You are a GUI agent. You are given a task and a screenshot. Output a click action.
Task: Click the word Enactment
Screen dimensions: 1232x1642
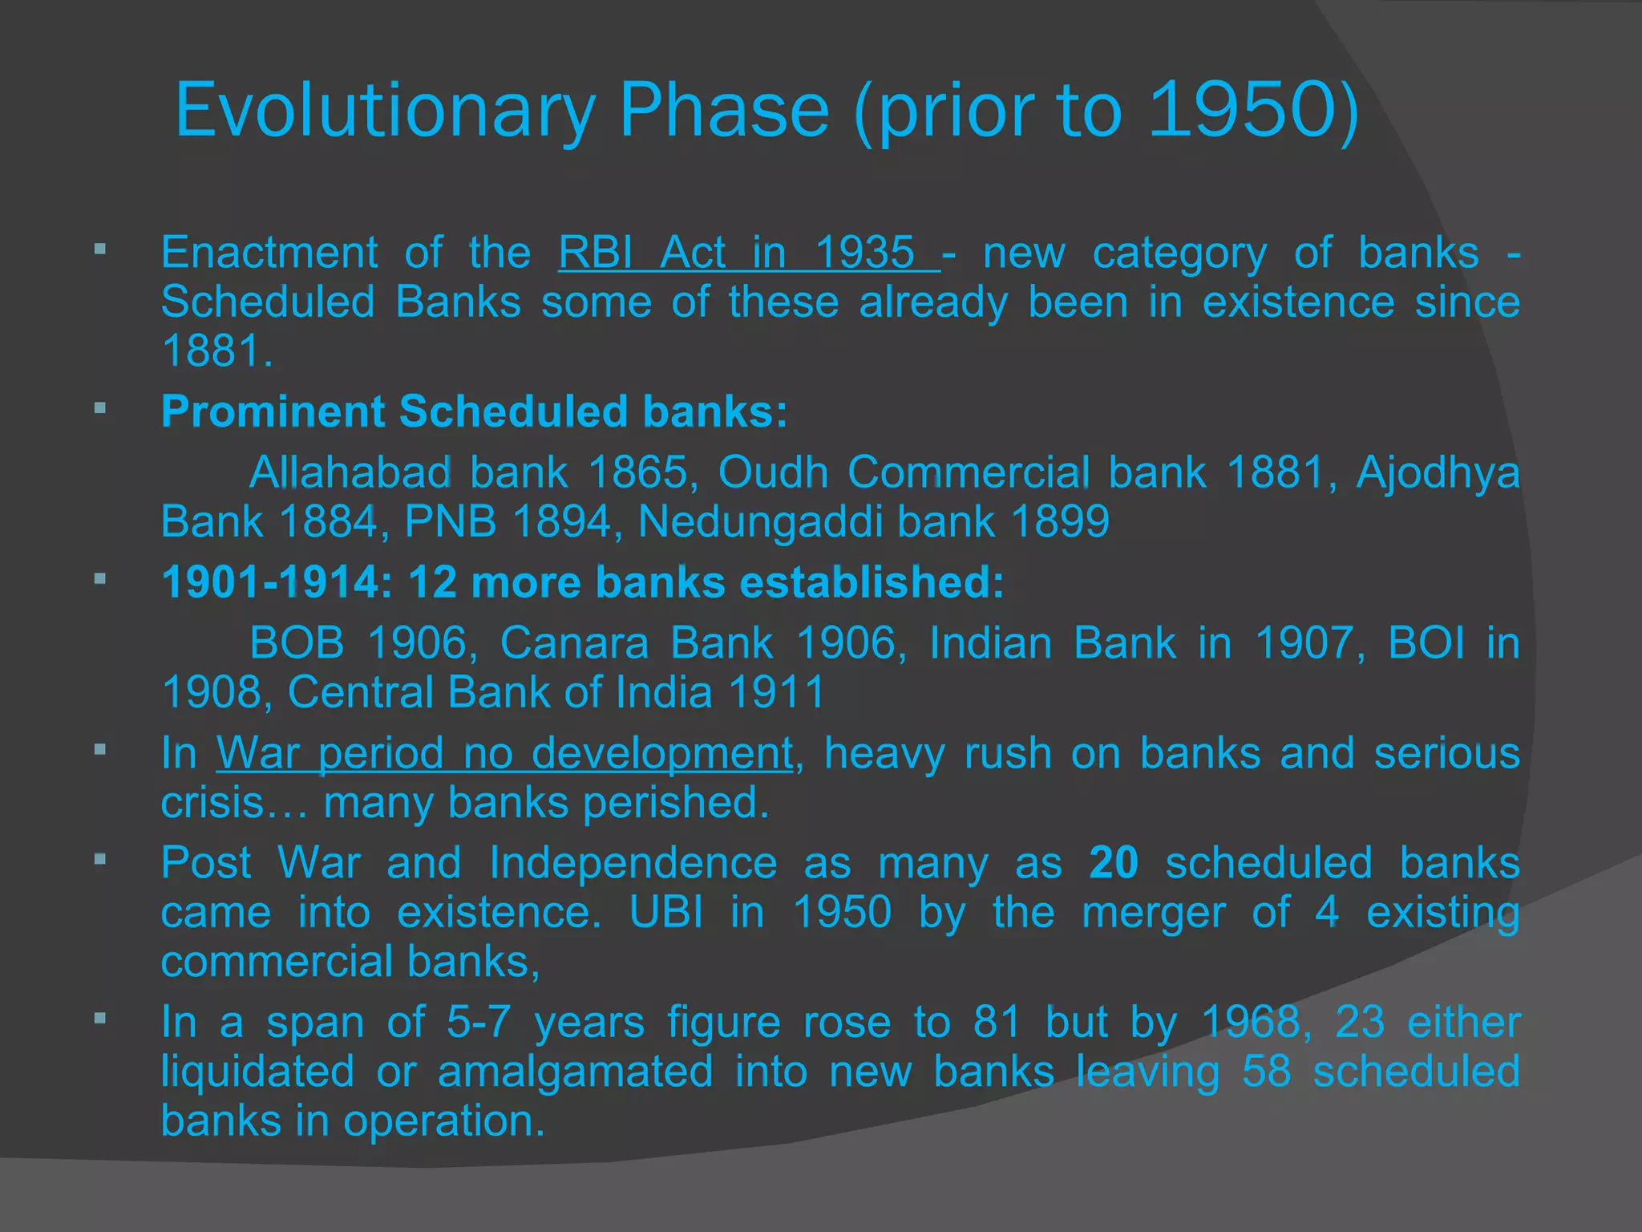tap(269, 253)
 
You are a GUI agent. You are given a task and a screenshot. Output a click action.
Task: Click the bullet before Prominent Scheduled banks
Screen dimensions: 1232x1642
tap(100, 408)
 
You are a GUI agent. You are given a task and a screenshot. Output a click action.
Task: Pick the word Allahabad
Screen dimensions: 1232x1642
tap(350, 472)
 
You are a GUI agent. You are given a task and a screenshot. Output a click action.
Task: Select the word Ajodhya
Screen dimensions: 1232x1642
tap(1438, 472)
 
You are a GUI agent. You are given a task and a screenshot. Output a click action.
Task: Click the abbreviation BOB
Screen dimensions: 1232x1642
tap(297, 642)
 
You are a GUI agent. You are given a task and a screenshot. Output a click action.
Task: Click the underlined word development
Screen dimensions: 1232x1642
tap(661, 753)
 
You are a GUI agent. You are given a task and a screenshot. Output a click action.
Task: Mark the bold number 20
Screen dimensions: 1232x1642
tap(1114, 863)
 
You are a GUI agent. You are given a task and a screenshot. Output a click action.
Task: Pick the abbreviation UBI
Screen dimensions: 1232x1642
tap(666, 912)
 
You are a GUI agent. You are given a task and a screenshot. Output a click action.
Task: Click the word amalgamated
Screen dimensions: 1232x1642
tap(575, 1072)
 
